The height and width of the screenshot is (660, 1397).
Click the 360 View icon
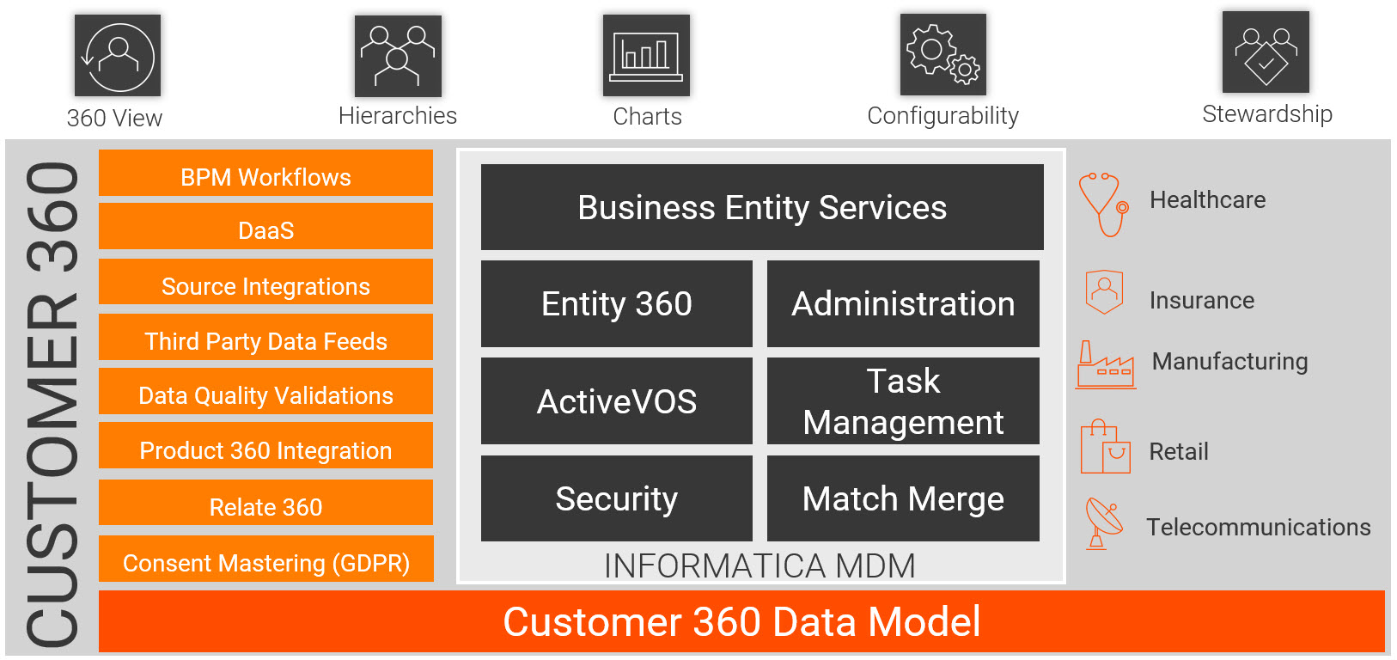118,56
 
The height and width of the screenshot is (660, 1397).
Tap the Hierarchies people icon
398,56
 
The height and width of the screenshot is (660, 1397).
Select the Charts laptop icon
646,56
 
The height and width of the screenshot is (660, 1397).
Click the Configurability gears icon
943,55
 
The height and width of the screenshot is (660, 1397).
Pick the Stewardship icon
1266,52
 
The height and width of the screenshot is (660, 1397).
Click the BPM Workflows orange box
265,174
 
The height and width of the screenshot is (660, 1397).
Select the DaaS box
265,227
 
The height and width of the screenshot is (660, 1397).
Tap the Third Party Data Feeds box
265,338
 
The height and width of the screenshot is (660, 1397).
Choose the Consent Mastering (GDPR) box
265,559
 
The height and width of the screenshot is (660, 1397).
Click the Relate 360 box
265,503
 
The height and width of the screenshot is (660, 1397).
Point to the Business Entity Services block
762,207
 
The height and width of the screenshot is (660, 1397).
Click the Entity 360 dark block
617,304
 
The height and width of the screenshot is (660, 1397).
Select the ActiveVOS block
617,401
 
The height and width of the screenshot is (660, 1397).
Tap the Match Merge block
903,498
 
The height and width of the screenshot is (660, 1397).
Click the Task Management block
903,401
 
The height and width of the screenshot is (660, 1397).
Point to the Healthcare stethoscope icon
1103,205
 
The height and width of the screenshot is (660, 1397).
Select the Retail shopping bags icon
1105,447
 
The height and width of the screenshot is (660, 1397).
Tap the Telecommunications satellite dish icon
1103,523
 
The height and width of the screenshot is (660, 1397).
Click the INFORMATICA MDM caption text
760,565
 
